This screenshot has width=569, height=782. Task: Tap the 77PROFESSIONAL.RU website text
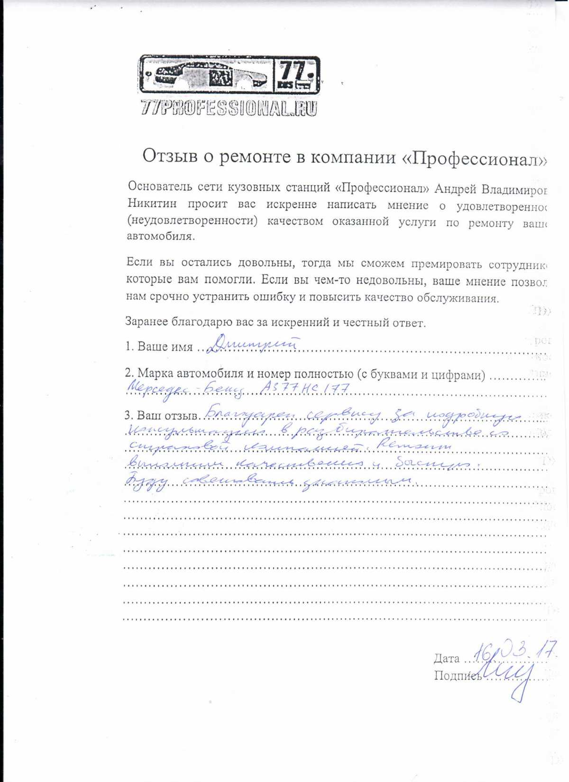pyautogui.click(x=229, y=109)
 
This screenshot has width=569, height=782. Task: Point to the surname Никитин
pyautogui.click(x=152, y=204)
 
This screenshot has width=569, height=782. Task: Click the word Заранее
pyautogui.click(x=146, y=321)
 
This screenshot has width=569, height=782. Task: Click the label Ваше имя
pyautogui.click(x=165, y=346)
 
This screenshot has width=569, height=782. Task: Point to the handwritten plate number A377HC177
pyautogui.click(x=306, y=389)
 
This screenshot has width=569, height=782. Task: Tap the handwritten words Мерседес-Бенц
pyautogui.click(x=185, y=390)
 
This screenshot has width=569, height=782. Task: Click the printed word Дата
pyautogui.click(x=446, y=658)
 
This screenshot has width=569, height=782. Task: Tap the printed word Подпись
pyautogui.click(x=457, y=676)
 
